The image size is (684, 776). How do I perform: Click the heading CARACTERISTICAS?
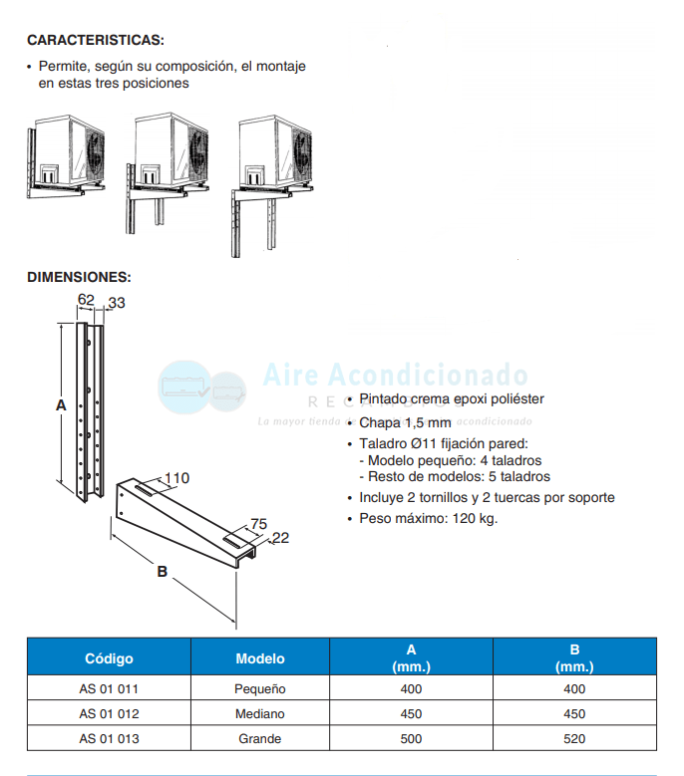pyautogui.click(x=96, y=40)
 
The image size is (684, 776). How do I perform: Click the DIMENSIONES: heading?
pyautogui.click(x=79, y=277)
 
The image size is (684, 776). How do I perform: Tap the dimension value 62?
pyautogui.click(x=85, y=299)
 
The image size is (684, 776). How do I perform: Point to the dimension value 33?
pyautogui.click(x=118, y=304)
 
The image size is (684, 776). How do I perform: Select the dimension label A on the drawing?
pyautogui.click(x=60, y=405)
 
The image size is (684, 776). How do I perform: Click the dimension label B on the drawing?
pyautogui.click(x=162, y=572)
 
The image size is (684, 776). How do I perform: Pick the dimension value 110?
pyautogui.click(x=176, y=478)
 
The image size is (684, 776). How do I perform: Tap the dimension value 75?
pyautogui.click(x=258, y=524)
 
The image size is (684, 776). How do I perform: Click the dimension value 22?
pyautogui.click(x=280, y=538)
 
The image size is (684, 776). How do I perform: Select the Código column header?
pyautogui.click(x=109, y=658)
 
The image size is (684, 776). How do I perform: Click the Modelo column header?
pyautogui.click(x=260, y=658)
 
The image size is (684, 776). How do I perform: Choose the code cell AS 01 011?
pyautogui.click(x=109, y=688)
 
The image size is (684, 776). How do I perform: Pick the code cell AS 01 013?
pyautogui.click(x=109, y=739)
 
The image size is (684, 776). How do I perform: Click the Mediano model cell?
pyautogui.click(x=260, y=714)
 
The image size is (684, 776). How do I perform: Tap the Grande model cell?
pyautogui.click(x=260, y=739)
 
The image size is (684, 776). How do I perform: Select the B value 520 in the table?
pyautogui.click(x=573, y=739)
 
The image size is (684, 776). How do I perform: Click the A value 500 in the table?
pyautogui.click(x=411, y=739)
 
